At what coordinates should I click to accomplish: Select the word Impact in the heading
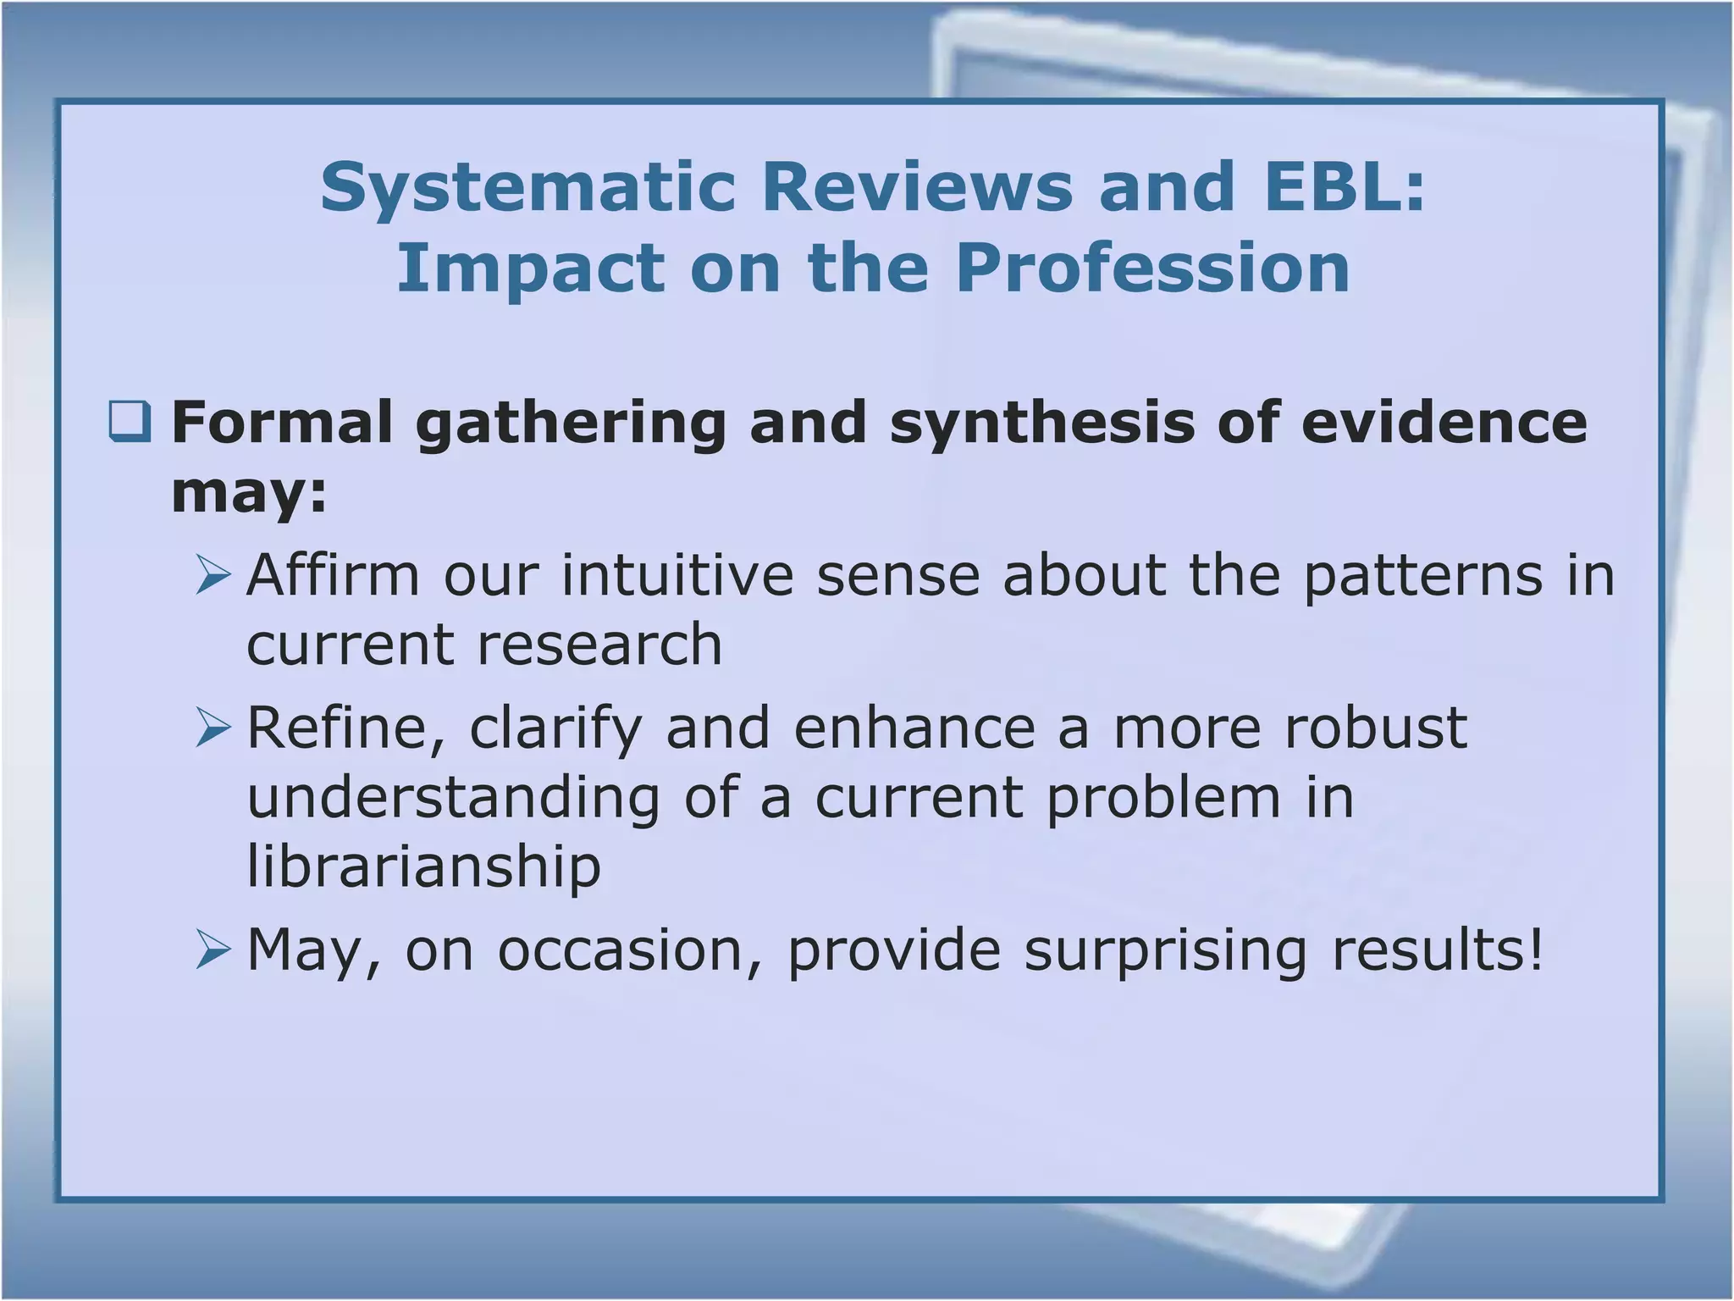pyautogui.click(x=531, y=269)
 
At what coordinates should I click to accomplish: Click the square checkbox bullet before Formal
pyautogui.click(x=130, y=422)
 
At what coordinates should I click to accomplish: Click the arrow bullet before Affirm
pyautogui.click(x=213, y=575)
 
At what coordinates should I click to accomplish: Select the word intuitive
pyautogui.click(x=677, y=575)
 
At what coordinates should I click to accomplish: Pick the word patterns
pyautogui.click(x=1423, y=575)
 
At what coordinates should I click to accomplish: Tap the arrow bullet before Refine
pyautogui.click(x=213, y=728)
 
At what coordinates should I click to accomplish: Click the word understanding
pyautogui.click(x=453, y=798)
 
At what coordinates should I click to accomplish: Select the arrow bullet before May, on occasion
pyautogui.click(x=213, y=949)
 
